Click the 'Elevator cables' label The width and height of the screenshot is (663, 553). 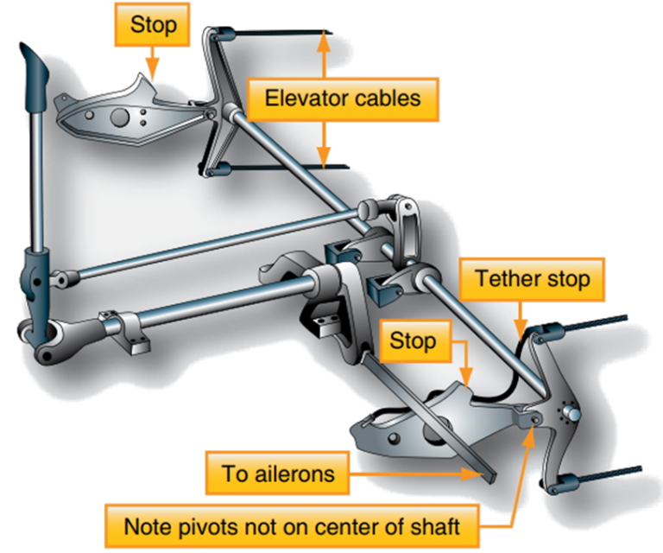[x=343, y=98]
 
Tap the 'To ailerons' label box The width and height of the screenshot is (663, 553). [x=277, y=474]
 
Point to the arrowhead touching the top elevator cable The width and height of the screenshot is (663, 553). [x=325, y=37]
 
